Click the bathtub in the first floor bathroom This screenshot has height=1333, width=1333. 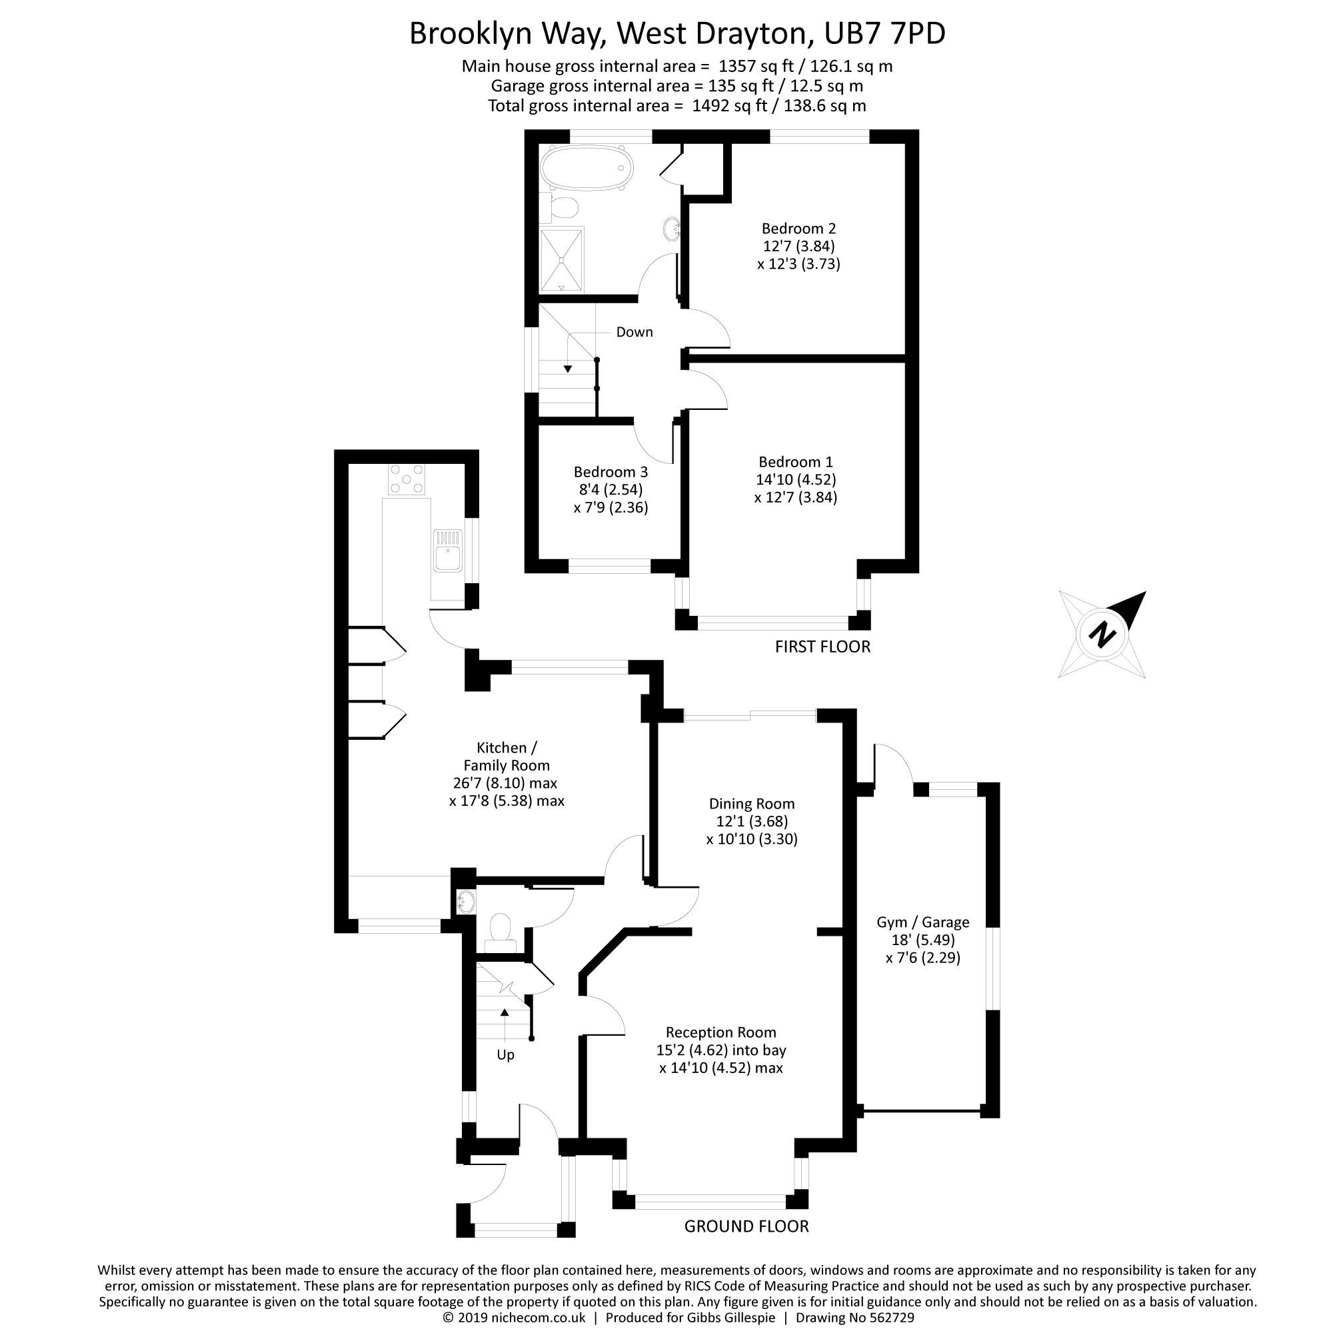pyautogui.click(x=587, y=168)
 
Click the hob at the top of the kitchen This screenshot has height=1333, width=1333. pyautogui.click(x=407, y=479)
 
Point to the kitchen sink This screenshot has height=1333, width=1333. pyautogui.click(x=448, y=550)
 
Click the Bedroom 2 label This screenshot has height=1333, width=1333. pyautogui.click(x=799, y=229)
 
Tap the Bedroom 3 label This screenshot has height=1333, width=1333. pyautogui.click(x=611, y=472)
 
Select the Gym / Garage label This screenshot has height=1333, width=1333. pyautogui.click(x=923, y=922)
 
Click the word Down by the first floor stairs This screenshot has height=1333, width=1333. pyautogui.click(x=634, y=332)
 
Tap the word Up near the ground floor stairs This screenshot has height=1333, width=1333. pyautogui.click(x=506, y=1055)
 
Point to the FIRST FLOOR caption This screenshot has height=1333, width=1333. pyautogui.click(x=822, y=647)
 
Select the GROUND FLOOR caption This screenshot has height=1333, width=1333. pyautogui.click(x=746, y=1226)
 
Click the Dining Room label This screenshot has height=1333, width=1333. pyautogui.click(x=752, y=804)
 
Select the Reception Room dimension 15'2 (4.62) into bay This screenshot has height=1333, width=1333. pyautogui.click(x=721, y=1050)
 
